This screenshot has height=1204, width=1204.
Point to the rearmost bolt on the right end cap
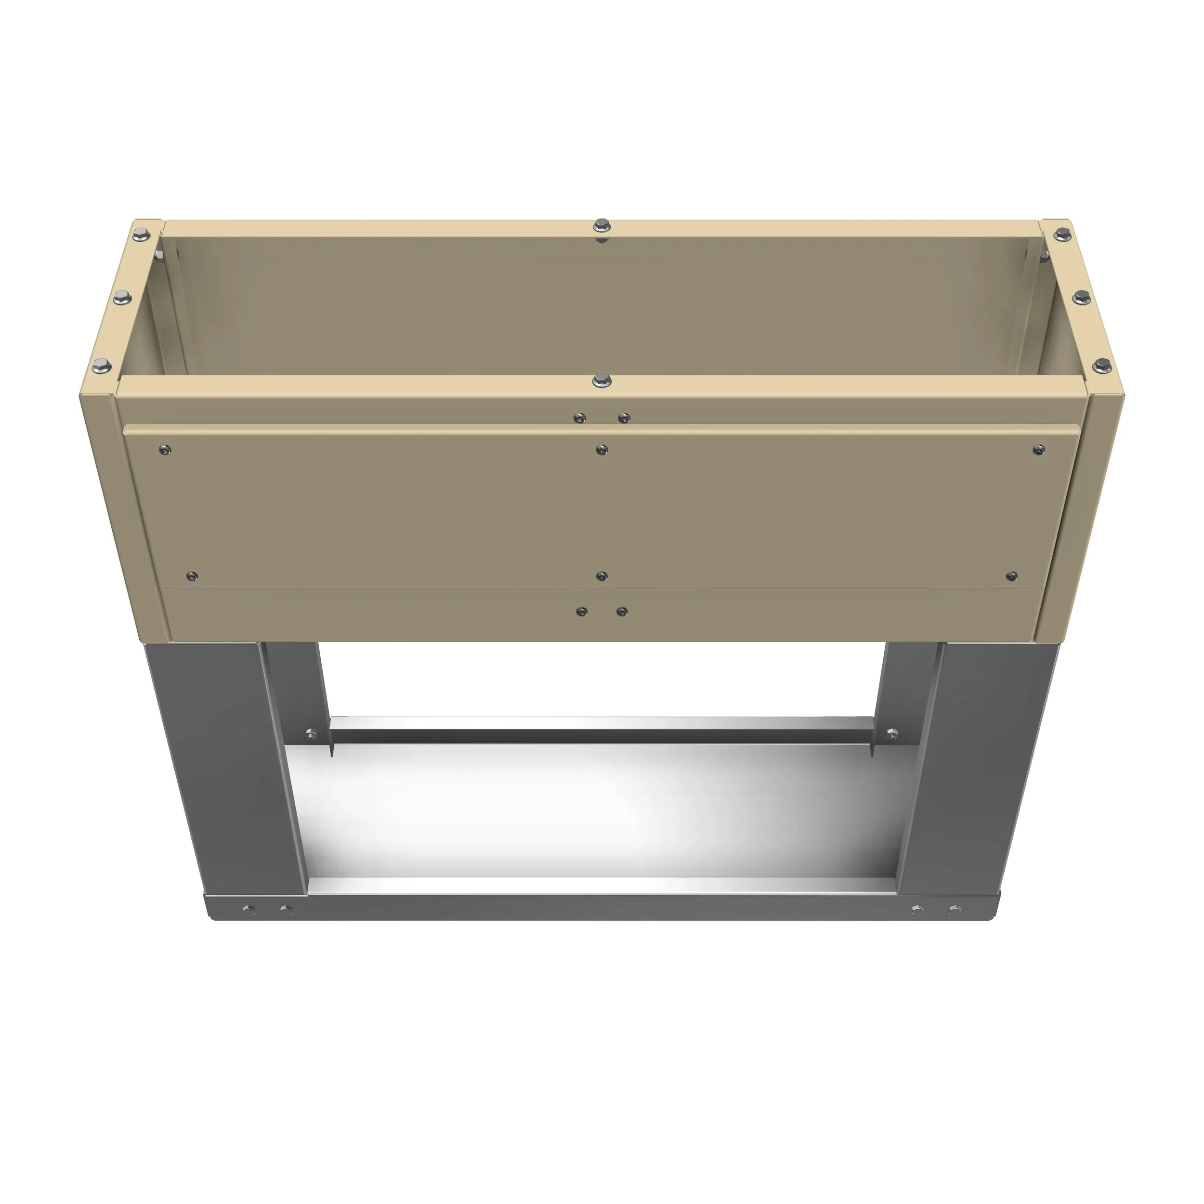pos(1061,235)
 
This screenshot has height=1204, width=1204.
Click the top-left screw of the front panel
pos(165,449)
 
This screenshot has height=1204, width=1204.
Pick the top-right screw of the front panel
pos(1038,449)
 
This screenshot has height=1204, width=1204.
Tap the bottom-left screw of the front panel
pos(193,575)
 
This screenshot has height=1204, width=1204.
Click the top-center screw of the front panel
pos(602,449)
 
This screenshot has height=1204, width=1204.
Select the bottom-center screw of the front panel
pos(602,575)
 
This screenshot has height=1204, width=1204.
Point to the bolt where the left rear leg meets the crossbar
pos(311,733)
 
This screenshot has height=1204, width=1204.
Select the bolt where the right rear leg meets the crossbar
pos(891,733)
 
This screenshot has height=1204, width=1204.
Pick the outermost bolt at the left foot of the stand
pos(248,909)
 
